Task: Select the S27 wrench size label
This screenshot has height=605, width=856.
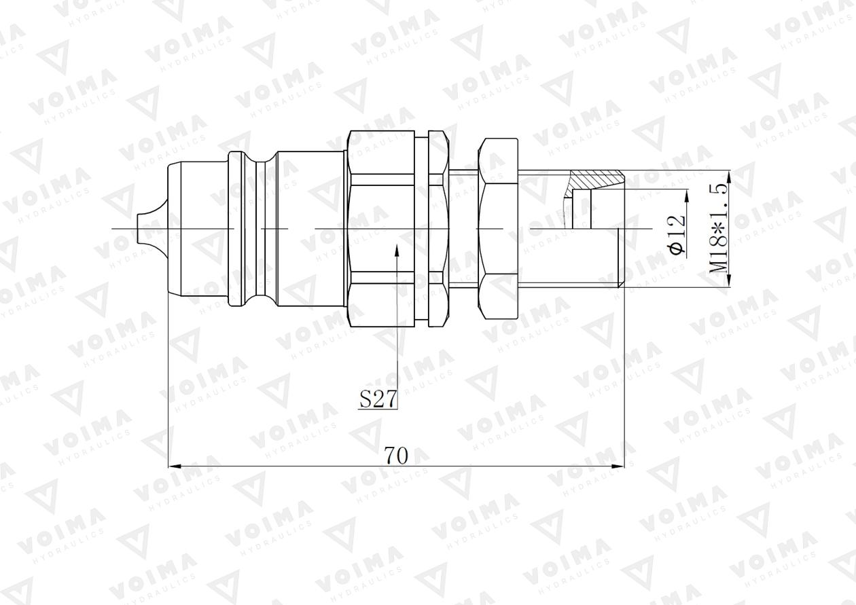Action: click(377, 399)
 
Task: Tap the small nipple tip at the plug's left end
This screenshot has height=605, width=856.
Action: click(143, 228)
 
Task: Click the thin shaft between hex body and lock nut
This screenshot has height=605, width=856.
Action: click(463, 228)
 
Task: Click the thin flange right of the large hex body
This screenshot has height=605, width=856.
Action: click(423, 228)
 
